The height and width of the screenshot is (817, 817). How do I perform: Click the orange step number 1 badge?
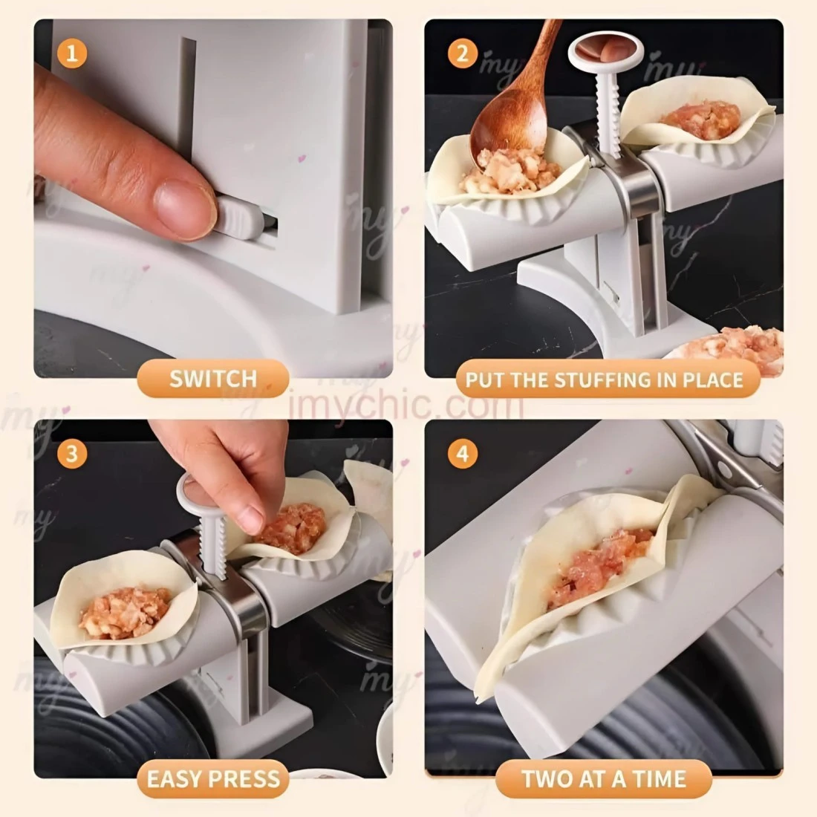click(x=72, y=53)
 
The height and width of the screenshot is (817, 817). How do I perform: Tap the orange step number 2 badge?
click(x=463, y=53)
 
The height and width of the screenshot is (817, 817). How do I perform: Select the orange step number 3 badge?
click(x=72, y=453)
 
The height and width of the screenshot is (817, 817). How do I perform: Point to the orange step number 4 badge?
click(x=463, y=453)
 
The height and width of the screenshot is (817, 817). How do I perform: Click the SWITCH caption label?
click(x=213, y=379)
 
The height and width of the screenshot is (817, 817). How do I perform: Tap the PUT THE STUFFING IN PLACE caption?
click(x=604, y=380)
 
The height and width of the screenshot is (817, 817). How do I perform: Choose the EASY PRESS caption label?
click(x=213, y=779)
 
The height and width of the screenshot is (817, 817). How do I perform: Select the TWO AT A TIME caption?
click(x=604, y=779)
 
